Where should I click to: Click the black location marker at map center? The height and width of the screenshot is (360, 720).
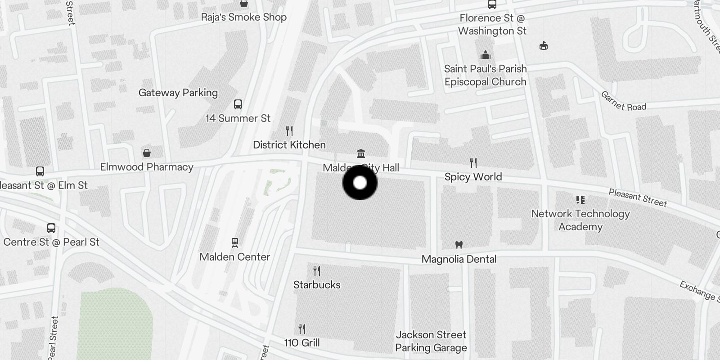tap(360, 183)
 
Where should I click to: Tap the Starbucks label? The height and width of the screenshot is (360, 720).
tap(317, 285)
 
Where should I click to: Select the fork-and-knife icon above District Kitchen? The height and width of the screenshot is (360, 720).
tap(289, 131)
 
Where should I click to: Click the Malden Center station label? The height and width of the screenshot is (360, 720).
tap(235, 257)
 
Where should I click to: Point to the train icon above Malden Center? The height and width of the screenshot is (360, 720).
tap(234, 243)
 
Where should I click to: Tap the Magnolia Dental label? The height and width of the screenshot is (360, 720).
tap(459, 259)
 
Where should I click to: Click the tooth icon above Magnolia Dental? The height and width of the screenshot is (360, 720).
tap(459, 245)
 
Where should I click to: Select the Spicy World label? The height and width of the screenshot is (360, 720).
tap(473, 177)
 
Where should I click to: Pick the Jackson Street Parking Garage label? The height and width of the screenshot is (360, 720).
tap(431, 341)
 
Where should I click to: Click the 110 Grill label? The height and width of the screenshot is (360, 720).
tap(302, 343)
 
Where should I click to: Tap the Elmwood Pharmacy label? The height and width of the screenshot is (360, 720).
tap(147, 167)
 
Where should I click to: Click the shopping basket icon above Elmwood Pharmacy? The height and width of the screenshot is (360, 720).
tap(147, 153)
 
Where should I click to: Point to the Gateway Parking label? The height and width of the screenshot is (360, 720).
tap(178, 93)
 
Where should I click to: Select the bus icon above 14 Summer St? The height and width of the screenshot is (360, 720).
tap(238, 104)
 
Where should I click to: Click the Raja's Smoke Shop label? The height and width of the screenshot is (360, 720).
tap(244, 17)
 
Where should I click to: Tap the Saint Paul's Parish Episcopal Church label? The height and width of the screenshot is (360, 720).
tap(485, 75)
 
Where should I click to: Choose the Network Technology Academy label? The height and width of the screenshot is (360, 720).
tap(580, 220)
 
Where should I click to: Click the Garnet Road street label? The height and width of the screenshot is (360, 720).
tap(623, 102)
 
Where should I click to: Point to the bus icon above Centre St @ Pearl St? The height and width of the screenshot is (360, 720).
tap(51, 228)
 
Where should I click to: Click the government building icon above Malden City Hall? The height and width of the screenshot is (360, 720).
tap(361, 154)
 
